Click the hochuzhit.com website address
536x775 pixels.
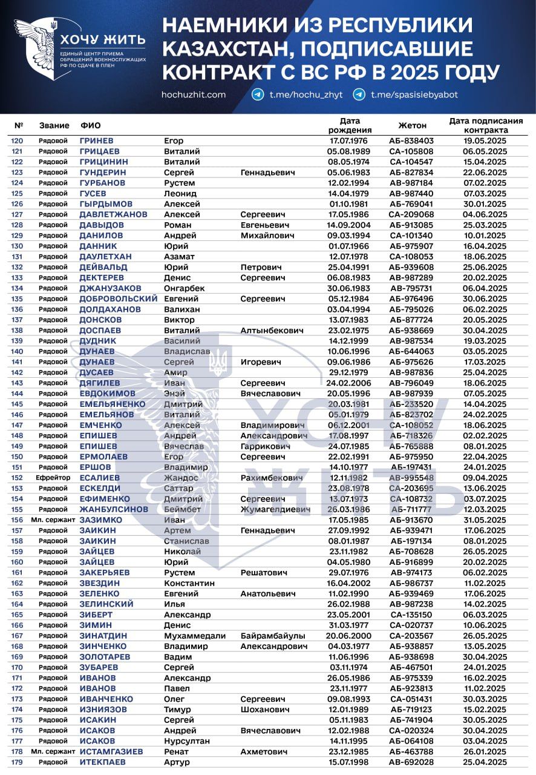(194, 95)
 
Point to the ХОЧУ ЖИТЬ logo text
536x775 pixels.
(102, 41)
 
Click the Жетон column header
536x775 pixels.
(412, 125)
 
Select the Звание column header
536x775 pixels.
(54, 125)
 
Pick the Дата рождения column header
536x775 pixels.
(350, 125)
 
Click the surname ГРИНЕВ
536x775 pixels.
(97, 140)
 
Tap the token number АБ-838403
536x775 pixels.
(412, 140)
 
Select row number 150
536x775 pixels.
(17, 457)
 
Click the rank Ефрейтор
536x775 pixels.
(53, 478)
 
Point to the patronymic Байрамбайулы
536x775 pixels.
(273, 636)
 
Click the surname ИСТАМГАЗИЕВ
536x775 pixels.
(111, 751)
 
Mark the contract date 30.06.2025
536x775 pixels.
(485, 298)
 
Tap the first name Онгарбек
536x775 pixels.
(185, 288)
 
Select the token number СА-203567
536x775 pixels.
(412, 636)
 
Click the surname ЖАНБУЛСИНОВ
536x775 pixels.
(114, 509)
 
